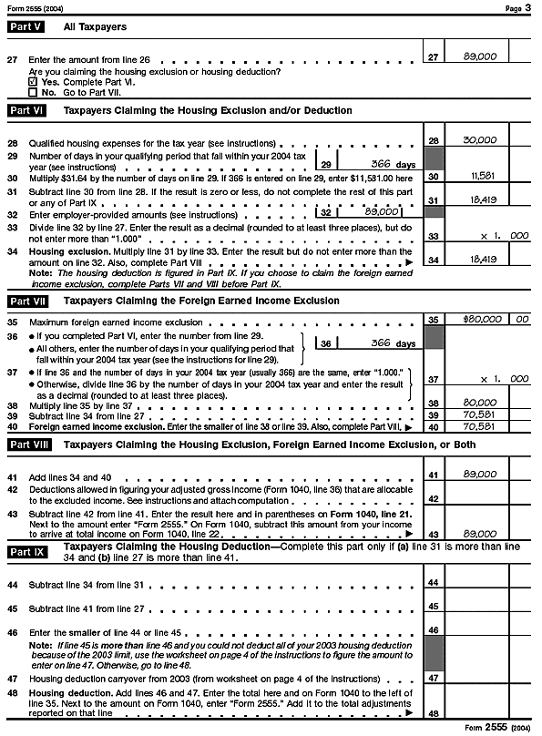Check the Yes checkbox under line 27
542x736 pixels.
pos(34,80)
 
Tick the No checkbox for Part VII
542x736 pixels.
pos(34,91)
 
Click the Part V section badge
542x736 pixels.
pos(25,27)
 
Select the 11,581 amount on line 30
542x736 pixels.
pos(481,175)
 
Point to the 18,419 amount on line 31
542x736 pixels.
pos(480,197)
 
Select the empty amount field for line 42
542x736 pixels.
pos(479,498)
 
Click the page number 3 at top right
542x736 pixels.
pos(528,7)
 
